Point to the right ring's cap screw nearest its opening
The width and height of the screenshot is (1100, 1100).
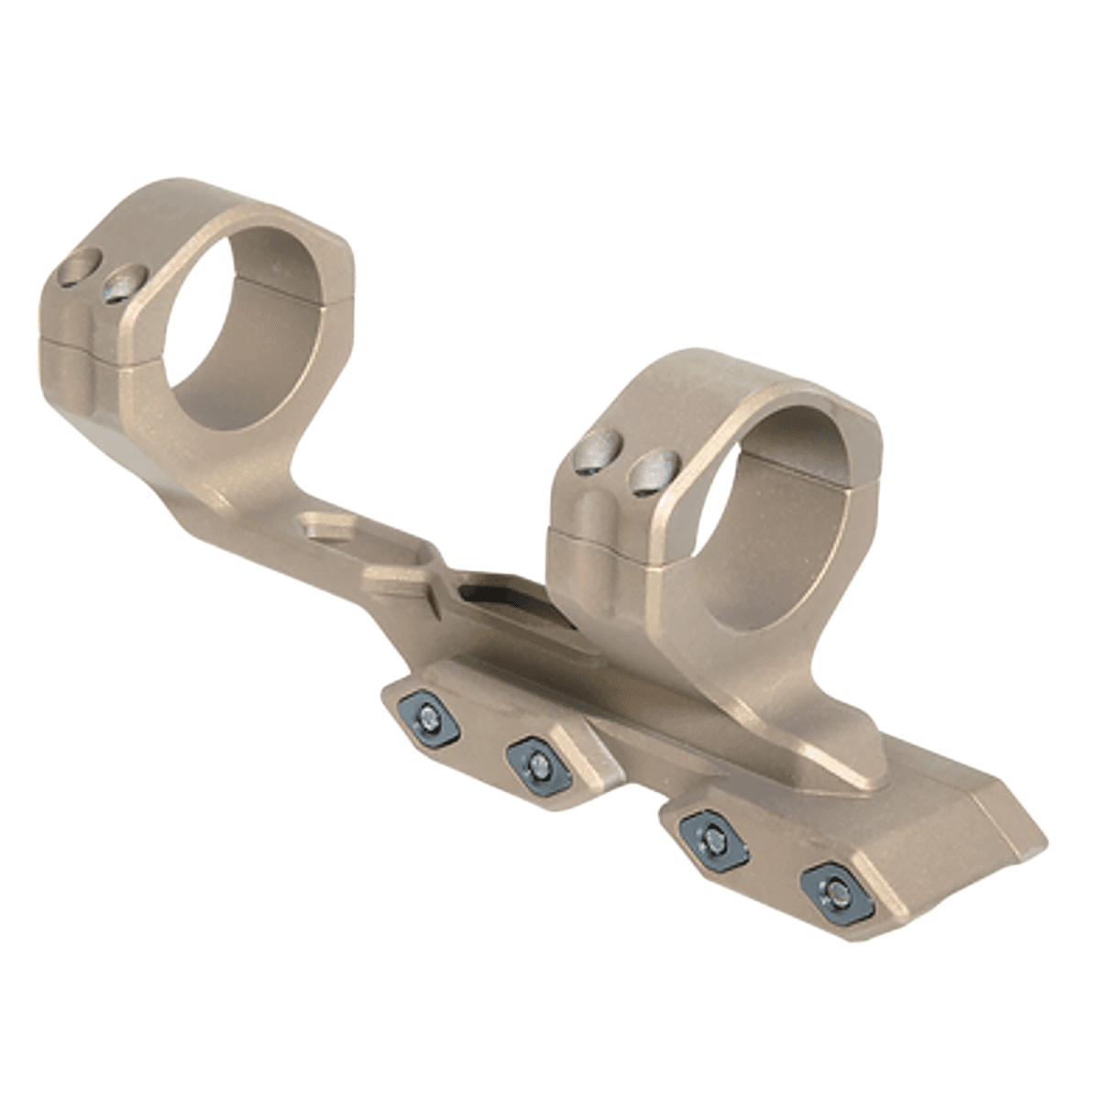click(x=650, y=474)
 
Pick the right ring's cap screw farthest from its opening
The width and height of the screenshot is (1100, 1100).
click(x=595, y=457)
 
